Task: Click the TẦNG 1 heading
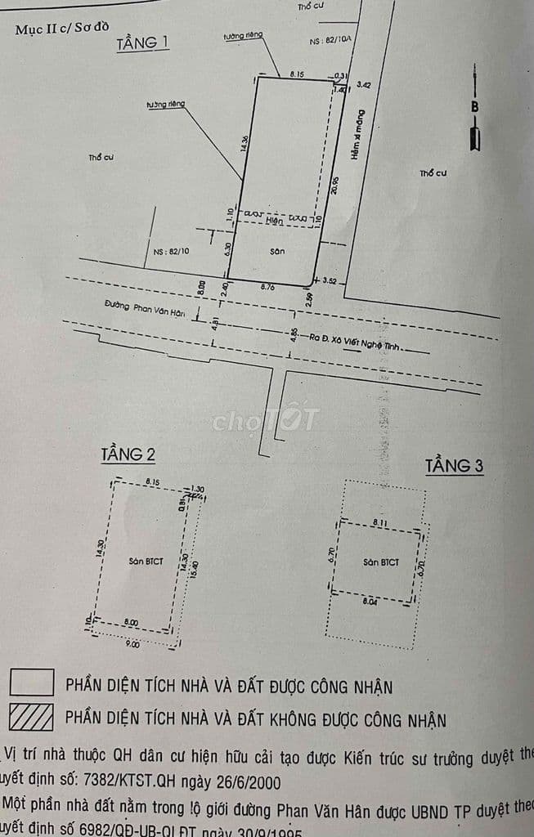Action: tap(143, 43)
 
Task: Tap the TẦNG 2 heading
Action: tap(128, 454)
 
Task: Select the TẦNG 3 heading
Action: tap(455, 466)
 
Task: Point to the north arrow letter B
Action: tap(474, 106)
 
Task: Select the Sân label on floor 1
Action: tap(277, 252)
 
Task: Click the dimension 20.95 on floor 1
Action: tap(335, 185)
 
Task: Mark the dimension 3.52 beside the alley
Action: tap(330, 281)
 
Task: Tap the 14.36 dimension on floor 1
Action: tap(243, 143)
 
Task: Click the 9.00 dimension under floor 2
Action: tap(132, 643)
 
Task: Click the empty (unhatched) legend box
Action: tap(32, 683)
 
